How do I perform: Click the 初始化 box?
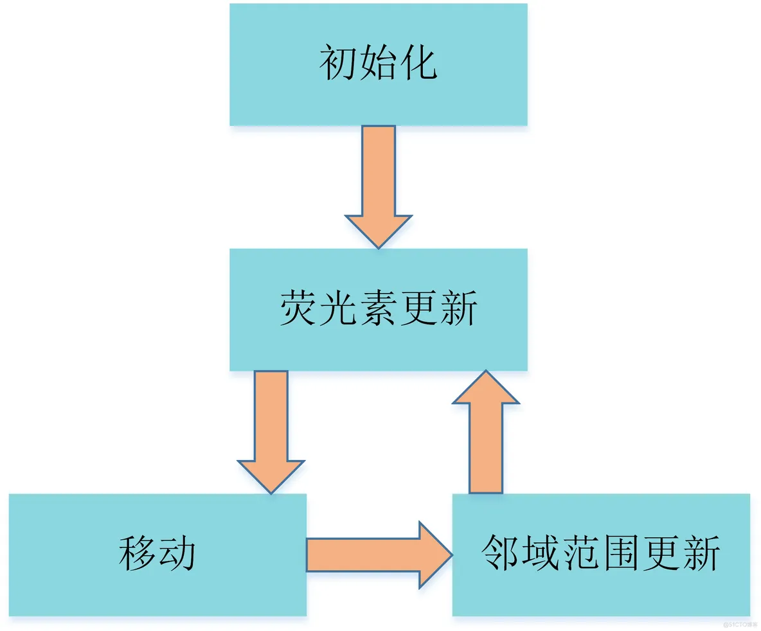(378, 64)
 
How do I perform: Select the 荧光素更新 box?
(378, 309)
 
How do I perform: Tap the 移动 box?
(157, 555)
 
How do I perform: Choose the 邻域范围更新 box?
(601, 555)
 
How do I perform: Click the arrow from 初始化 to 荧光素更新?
(378, 186)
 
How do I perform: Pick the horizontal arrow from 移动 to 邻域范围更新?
(379, 555)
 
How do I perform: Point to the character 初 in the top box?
(338, 64)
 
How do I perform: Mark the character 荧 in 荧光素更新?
(298, 309)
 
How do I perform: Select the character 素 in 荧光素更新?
(378, 309)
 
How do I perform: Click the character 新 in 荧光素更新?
(458, 309)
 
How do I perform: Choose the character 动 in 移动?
(177, 555)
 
